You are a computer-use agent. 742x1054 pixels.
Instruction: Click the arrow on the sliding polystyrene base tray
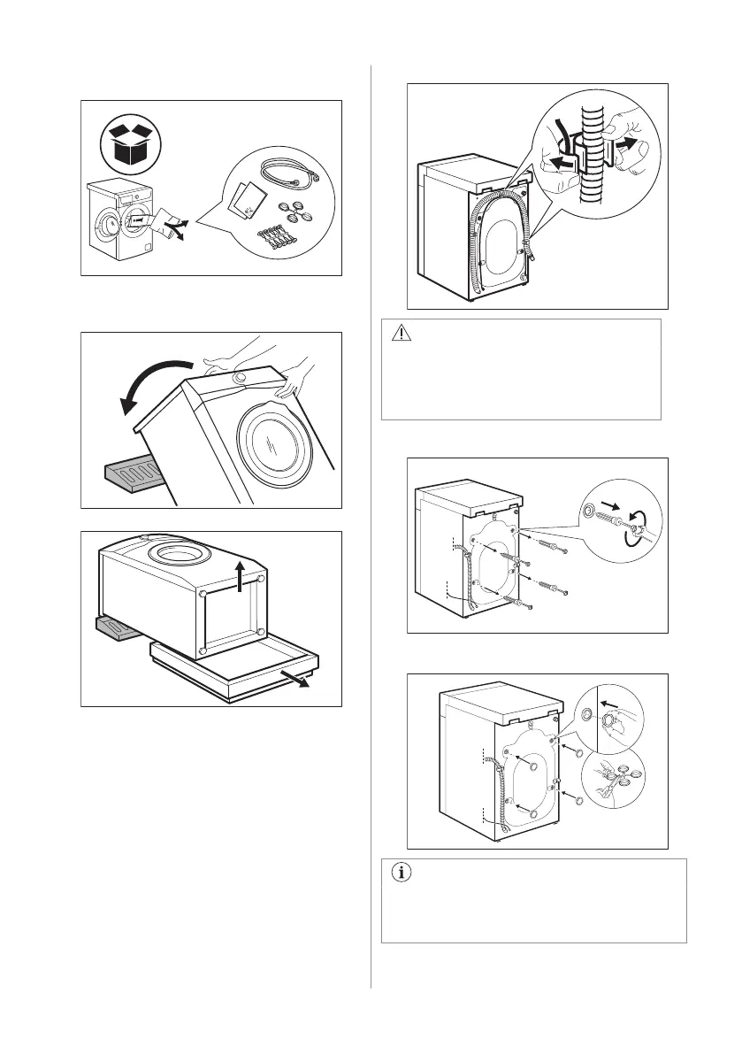[x=302, y=679]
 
